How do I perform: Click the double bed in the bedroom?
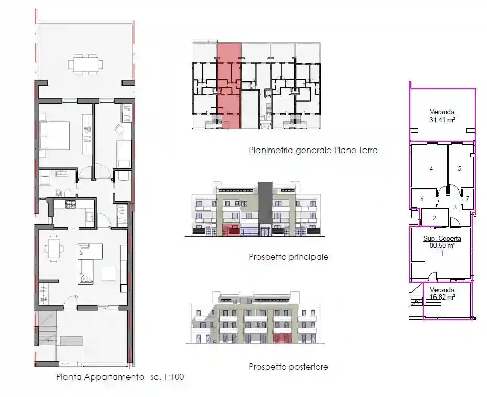click(55, 136)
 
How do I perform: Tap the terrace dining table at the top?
click(85, 64)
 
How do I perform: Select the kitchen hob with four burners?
click(70, 204)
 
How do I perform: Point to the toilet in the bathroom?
click(59, 193)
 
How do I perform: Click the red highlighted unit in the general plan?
click(229, 86)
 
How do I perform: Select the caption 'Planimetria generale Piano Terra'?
click(313, 150)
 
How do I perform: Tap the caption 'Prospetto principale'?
click(288, 257)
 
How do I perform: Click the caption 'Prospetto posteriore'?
click(288, 367)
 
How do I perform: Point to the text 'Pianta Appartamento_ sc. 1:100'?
click(120, 377)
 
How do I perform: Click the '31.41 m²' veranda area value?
click(442, 120)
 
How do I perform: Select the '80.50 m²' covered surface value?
click(442, 245)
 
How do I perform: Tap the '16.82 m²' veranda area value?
click(442, 297)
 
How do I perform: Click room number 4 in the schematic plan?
click(431, 169)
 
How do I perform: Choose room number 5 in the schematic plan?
click(459, 168)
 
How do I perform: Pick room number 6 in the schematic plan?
click(422, 199)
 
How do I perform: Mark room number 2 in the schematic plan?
click(434, 218)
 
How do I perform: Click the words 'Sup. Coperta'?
click(442, 239)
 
